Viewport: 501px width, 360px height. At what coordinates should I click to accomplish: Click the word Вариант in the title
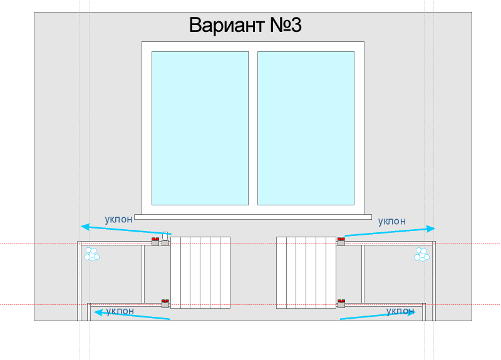point(227,25)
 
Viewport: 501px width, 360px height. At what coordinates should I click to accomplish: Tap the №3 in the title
point(286,25)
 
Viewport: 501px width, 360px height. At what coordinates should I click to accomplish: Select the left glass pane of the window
point(200,128)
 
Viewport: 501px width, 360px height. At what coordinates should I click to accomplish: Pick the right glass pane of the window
point(306,128)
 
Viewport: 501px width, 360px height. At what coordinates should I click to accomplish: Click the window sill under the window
point(253,217)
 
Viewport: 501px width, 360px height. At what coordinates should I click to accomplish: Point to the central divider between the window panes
point(253,128)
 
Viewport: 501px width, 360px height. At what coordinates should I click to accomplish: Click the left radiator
point(200,272)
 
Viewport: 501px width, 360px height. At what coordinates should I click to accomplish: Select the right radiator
point(306,272)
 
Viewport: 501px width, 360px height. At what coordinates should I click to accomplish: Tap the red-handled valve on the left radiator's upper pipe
point(155,242)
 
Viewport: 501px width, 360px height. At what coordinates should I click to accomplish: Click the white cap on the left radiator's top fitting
point(165,236)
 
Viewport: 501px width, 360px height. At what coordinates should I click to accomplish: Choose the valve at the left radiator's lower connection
point(165,304)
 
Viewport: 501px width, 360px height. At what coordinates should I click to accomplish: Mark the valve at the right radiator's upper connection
point(341,242)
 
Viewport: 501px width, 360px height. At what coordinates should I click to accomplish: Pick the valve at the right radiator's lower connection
point(341,304)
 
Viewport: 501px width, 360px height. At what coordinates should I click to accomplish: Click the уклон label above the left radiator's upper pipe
point(118,220)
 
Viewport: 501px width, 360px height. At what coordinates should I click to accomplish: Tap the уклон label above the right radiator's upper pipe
point(392,221)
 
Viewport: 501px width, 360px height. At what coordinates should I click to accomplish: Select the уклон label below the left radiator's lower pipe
point(120,311)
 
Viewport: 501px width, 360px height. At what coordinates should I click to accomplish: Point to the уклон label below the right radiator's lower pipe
point(400,311)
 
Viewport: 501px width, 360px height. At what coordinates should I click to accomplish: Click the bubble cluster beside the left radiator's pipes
point(91,254)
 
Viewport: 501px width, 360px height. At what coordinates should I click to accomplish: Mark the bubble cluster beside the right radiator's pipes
point(421,254)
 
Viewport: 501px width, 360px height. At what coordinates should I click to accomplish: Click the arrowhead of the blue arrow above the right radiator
point(431,229)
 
